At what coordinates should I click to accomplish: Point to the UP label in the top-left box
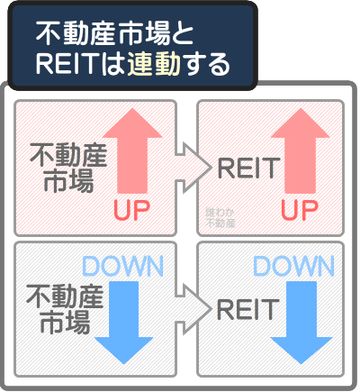[134, 211]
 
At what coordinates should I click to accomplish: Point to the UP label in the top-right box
[300, 211]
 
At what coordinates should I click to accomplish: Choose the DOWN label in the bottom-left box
[122, 267]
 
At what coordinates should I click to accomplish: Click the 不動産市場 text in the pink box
[67, 167]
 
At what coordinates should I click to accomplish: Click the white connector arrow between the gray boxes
[190, 307]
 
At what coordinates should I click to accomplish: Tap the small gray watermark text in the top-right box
[220, 215]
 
